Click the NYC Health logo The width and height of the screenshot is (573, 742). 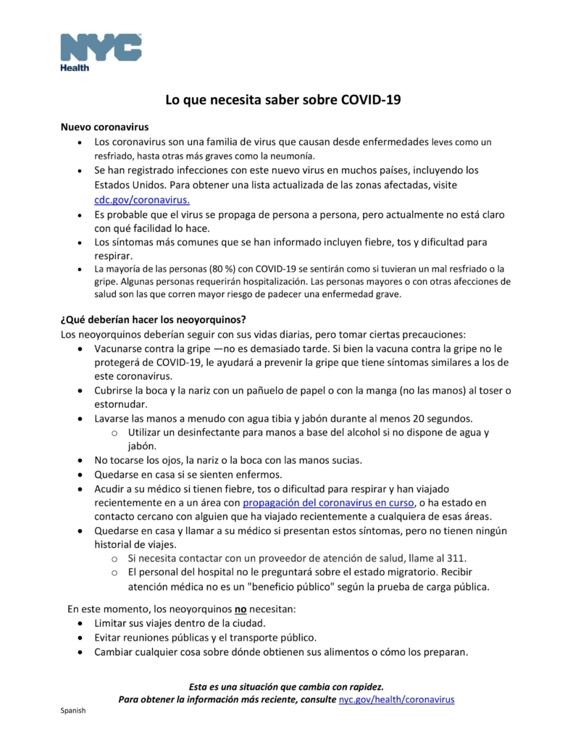coord(101,51)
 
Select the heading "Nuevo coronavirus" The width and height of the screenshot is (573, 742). coord(104,127)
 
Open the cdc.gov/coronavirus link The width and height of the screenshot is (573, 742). coord(142,199)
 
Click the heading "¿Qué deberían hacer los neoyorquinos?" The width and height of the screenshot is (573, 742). coord(154,320)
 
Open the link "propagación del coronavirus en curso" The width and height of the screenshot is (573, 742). coord(328,502)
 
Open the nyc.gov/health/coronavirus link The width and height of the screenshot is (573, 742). coord(396,699)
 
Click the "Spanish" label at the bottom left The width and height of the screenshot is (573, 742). coord(72,711)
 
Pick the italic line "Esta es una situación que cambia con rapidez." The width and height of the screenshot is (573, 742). coord(286,685)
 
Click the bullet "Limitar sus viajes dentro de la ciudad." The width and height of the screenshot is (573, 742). coord(180,623)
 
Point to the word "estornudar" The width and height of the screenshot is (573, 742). coord(121,404)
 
